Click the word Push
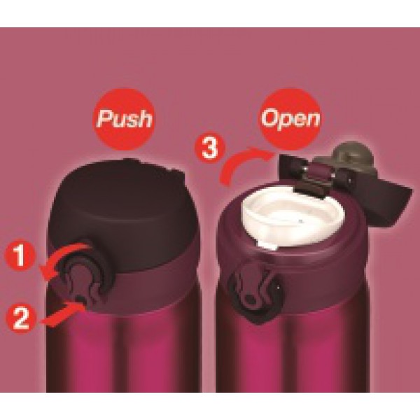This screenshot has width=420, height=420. pyautogui.click(x=125, y=119)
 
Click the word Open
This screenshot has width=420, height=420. pyautogui.click(x=290, y=118)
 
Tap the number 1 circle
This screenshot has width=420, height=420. pyautogui.click(x=20, y=256)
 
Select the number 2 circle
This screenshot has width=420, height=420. pyautogui.click(x=21, y=318)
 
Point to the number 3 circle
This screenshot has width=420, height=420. pyautogui.click(x=210, y=148)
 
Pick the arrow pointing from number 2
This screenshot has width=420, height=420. pyautogui.click(x=63, y=314)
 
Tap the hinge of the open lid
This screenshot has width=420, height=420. pyautogui.click(x=316, y=177)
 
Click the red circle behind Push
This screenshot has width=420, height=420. pyautogui.click(x=124, y=120)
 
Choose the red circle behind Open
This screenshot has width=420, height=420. pyautogui.click(x=291, y=119)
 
